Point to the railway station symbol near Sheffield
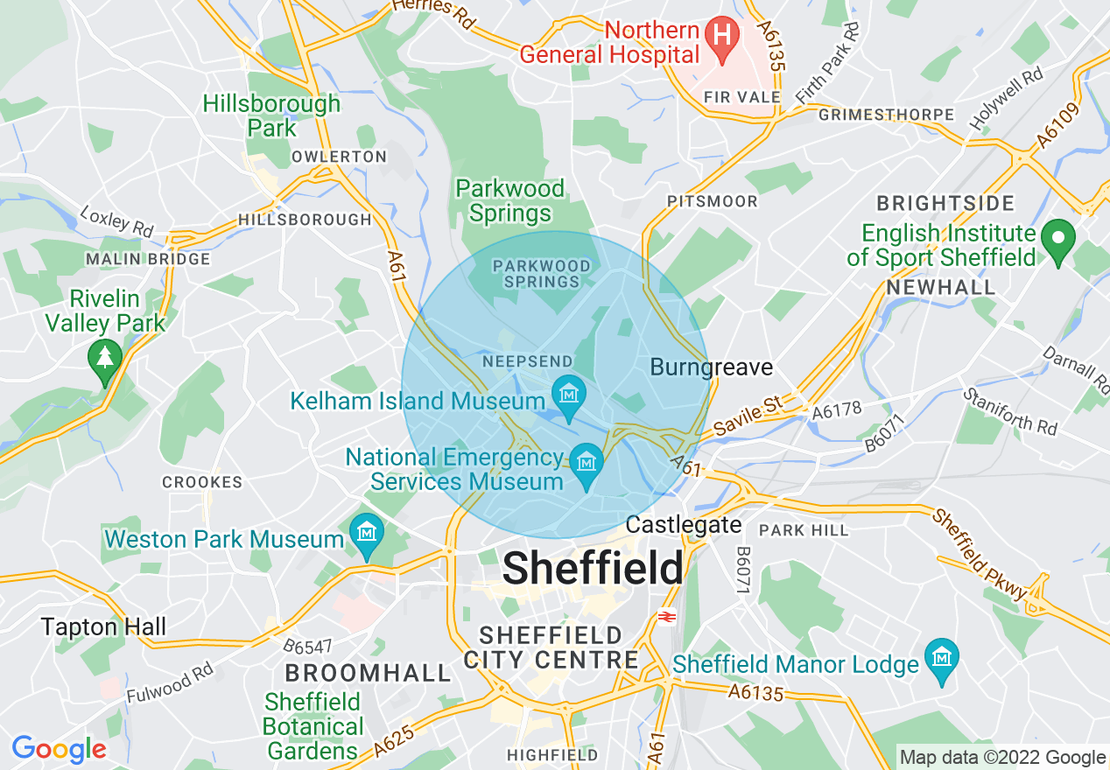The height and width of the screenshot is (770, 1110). (666, 616)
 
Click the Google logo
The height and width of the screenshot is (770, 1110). (59, 749)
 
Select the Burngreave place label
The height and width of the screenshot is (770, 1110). (711, 367)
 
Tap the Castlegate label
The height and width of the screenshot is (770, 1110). (684, 525)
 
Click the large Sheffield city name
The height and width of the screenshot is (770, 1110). (594, 569)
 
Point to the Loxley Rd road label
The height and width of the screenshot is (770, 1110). (116, 220)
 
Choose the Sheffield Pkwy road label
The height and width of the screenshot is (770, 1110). (980, 555)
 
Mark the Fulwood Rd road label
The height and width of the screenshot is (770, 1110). (170, 682)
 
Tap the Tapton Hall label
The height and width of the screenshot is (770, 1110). (103, 626)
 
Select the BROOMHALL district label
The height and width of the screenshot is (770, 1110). (368, 672)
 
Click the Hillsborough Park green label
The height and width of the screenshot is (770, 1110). (271, 115)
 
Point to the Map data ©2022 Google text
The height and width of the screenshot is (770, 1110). (1003, 758)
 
